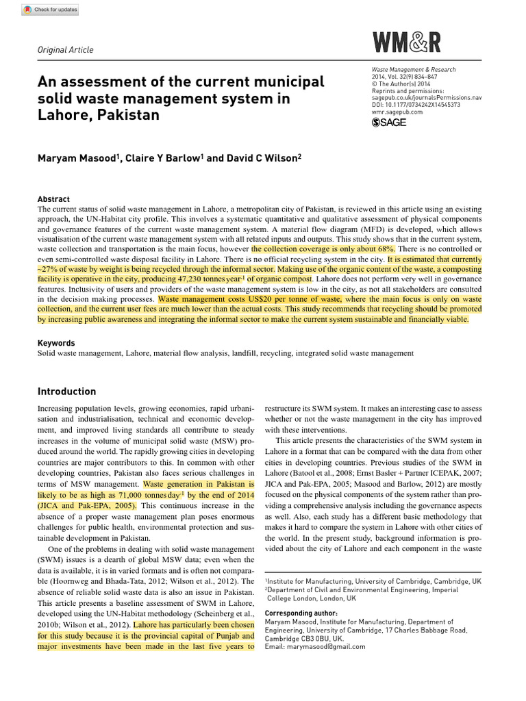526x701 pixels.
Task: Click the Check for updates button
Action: (x=50, y=10)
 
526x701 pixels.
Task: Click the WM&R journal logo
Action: (x=407, y=43)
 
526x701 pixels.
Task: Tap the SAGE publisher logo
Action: (x=389, y=123)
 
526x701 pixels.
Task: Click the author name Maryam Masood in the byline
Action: (x=77, y=158)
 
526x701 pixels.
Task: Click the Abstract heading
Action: (x=53, y=199)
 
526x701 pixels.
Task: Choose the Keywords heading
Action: (x=56, y=343)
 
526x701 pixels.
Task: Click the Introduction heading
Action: (x=66, y=392)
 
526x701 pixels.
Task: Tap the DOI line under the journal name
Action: (x=416, y=105)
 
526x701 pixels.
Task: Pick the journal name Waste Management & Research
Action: (x=414, y=70)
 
